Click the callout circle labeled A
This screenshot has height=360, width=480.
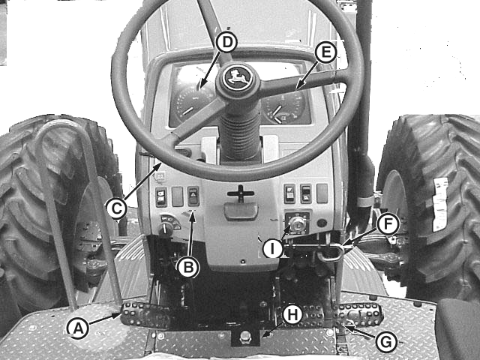[78, 328]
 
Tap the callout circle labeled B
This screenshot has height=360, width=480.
[188, 267]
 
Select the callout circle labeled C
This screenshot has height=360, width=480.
[116, 208]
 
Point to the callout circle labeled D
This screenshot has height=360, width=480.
[226, 42]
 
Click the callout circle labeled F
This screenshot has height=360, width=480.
[388, 224]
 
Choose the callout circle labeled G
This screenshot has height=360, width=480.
[386, 342]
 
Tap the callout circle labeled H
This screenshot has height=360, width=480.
[292, 315]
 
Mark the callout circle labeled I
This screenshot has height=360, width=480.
[273, 248]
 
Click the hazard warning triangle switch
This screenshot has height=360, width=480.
[193, 196]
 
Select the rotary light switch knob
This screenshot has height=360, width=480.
[166, 228]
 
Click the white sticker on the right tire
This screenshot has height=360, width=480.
[440, 205]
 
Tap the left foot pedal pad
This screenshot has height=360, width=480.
[145, 315]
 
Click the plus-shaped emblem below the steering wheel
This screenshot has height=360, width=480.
[241, 193]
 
